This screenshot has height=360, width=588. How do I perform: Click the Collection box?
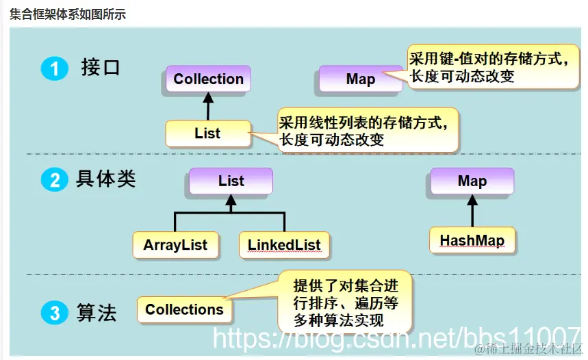click(208, 79)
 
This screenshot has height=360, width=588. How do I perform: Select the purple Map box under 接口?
click(360, 79)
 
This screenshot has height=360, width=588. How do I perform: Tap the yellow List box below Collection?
click(207, 133)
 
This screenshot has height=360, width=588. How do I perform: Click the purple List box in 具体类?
click(231, 181)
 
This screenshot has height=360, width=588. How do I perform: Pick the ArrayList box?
click(175, 244)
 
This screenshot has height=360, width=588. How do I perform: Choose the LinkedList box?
click(284, 244)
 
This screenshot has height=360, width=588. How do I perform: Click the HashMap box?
click(472, 241)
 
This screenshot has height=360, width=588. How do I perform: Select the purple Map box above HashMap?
click(472, 181)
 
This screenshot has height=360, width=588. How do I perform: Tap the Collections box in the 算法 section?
click(184, 309)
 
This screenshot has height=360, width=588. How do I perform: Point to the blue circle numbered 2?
click(54, 181)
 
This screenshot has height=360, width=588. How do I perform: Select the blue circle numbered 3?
click(54, 313)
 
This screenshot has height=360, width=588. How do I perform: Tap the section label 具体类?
click(106, 180)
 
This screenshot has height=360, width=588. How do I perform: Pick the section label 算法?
click(97, 313)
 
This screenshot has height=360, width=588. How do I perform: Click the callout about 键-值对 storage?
click(490, 67)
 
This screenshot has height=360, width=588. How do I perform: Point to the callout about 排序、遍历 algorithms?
click(345, 303)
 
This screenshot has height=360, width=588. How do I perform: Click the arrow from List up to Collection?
click(208, 107)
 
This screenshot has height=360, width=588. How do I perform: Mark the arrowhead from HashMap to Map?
click(472, 201)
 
